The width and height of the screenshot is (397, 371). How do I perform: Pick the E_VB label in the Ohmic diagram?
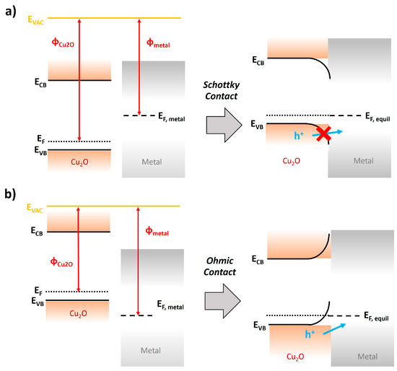(x=258, y=326)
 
